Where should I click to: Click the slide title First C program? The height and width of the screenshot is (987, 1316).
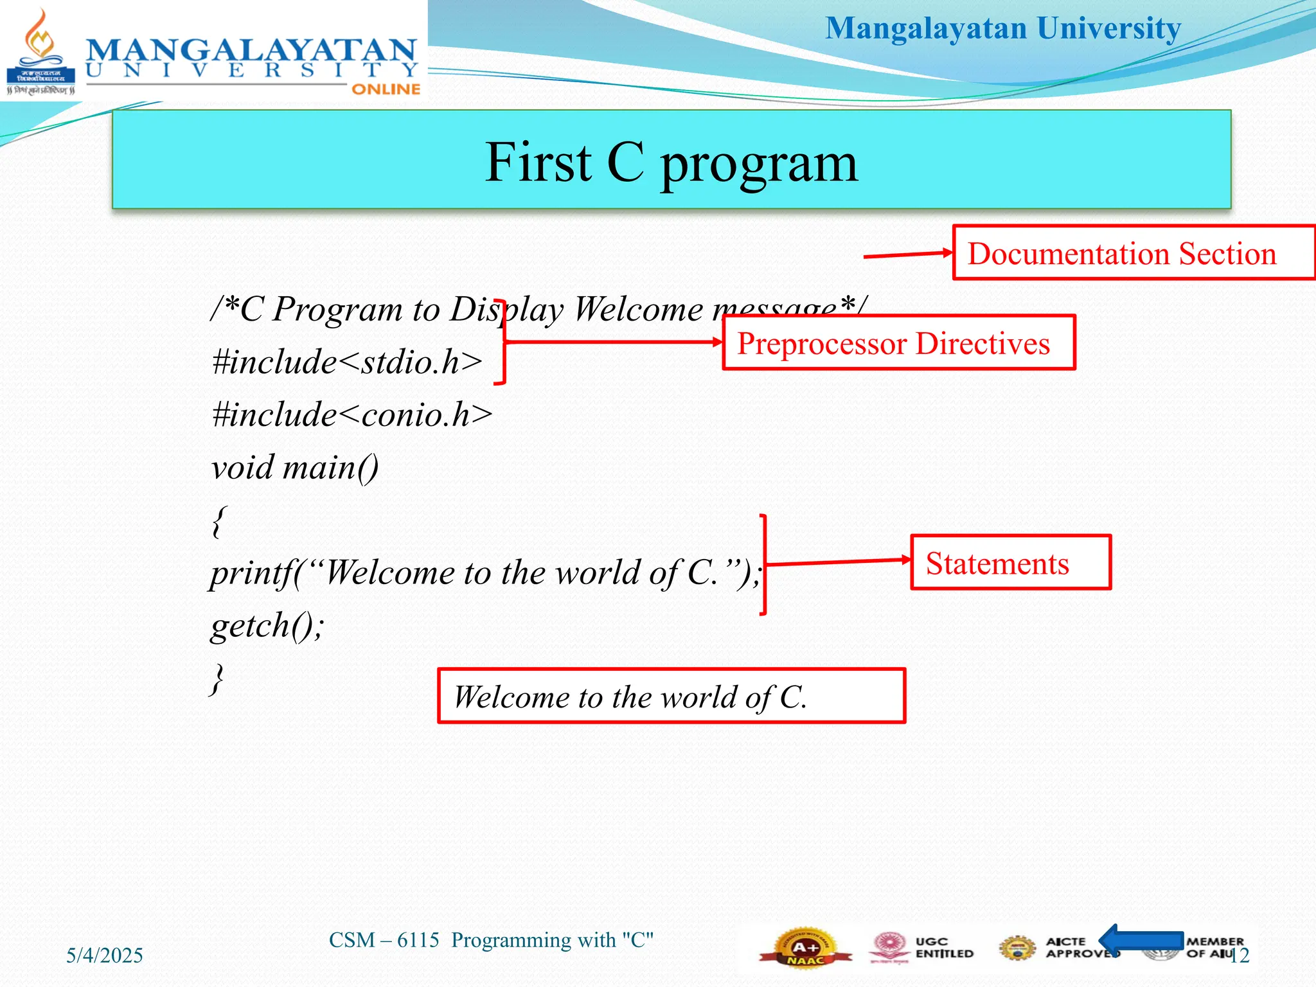[x=671, y=162]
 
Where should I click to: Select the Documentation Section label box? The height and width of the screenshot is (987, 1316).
[x=1134, y=253]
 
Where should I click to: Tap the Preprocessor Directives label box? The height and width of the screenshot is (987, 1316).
[x=898, y=343]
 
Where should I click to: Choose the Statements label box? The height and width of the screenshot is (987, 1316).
[x=1010, y=563]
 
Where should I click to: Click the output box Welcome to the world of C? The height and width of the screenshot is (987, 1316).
[x=671, y=697]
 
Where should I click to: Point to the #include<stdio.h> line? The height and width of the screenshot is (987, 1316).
[x=347, y=362]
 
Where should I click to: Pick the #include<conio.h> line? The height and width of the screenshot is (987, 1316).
[x=352, y=415]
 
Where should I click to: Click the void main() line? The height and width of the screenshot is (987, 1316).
[x=295, y=468]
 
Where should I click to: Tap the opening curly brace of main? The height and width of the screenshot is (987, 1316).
[x=219, y=521]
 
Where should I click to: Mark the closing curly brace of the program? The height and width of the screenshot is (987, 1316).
[x=218, y=679]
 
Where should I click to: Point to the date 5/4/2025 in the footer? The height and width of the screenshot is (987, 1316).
[x=105, y=956]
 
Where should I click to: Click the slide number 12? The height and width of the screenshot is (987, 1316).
[x=1240, y=956]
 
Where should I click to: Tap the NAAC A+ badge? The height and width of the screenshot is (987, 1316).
[x=805, y=947]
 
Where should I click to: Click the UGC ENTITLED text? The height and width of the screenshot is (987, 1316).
[x=944, y=948]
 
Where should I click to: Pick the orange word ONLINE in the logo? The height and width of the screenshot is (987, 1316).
[x=386, y=89]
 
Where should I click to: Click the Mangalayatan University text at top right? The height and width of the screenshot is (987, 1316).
[x=1002, y=29]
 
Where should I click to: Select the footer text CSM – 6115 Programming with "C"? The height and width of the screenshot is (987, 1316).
[x=491, y=940]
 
